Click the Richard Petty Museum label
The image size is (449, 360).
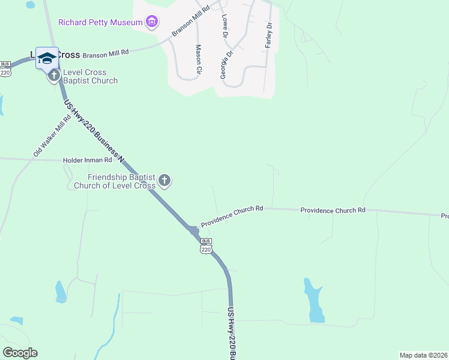coord(100,23)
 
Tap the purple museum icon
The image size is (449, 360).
coord(152,23)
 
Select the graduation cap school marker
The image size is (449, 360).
coord(47,58)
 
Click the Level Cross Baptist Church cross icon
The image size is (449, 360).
coord(53,76)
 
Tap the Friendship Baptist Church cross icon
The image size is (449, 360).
coord(164,180)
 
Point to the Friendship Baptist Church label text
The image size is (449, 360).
coord(121,181)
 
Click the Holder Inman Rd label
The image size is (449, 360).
coord(88,160)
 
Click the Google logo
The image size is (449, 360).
coord(20,353)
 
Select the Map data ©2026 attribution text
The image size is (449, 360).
coord(423,355)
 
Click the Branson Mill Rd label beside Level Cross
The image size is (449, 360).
coord(106,53)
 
